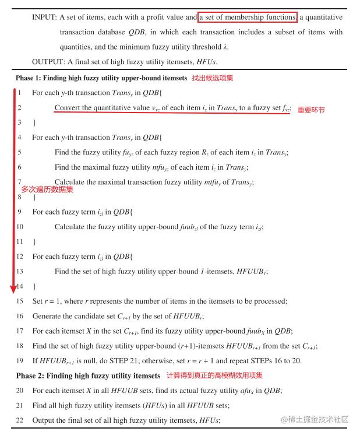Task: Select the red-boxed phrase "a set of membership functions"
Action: [x=248, y=17]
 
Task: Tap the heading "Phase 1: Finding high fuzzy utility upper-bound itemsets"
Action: [x=102, y=78]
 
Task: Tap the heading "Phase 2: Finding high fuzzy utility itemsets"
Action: [x=88, y=376]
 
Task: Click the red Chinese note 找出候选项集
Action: [x=213, y=78]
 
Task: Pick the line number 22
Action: [x=20, y=420]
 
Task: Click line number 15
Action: [x=20, y=301]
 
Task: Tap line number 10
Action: [x=20, y=227]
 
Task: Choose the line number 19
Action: [x=20, y=360]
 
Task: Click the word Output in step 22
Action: [x=43, y=420]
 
